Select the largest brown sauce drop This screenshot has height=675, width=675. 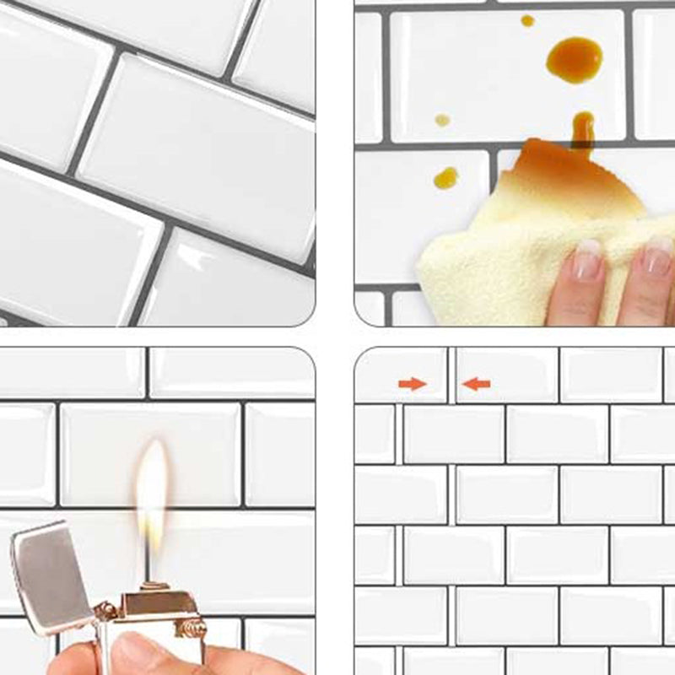(x=574, y=59)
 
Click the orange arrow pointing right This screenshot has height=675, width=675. (x=412, y=384)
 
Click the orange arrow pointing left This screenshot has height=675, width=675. (x=477, y=384)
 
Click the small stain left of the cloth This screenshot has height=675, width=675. (x=445, y=177)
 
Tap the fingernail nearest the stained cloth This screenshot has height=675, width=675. (x=589, y=257)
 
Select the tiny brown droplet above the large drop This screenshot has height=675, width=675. (x=527, y=20)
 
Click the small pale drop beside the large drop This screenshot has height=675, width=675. (x=442, y=120)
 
